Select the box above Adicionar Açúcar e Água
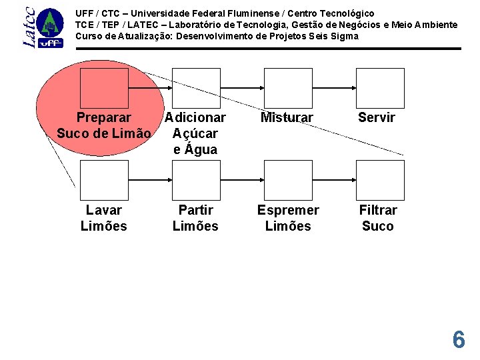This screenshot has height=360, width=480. click(x=195, y=88)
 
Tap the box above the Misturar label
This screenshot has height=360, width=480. click(x=287, y=88)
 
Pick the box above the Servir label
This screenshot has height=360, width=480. click(x=379, y=88)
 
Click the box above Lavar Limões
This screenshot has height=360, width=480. click(x=103, y=180)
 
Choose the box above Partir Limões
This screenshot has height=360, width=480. click(x=195, y=180)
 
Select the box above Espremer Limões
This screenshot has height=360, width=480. click(x=287, y=180)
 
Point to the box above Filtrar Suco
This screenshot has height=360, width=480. click(x=379, y=180)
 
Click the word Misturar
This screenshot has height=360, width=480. click(x=287, y=118)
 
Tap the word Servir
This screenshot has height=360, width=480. click(x=377, y=118)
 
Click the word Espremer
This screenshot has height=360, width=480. click(x=288, y=210)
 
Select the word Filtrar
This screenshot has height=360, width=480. click(x=378, y=210)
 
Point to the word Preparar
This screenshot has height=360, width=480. click(x=103, y=118)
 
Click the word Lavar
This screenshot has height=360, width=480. click(x=103, y=210)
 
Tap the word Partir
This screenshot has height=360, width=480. click(x=195, y=210)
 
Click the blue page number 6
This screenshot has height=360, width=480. click(x=459, y=340)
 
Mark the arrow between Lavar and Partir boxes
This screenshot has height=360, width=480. click(x=149, y=180)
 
